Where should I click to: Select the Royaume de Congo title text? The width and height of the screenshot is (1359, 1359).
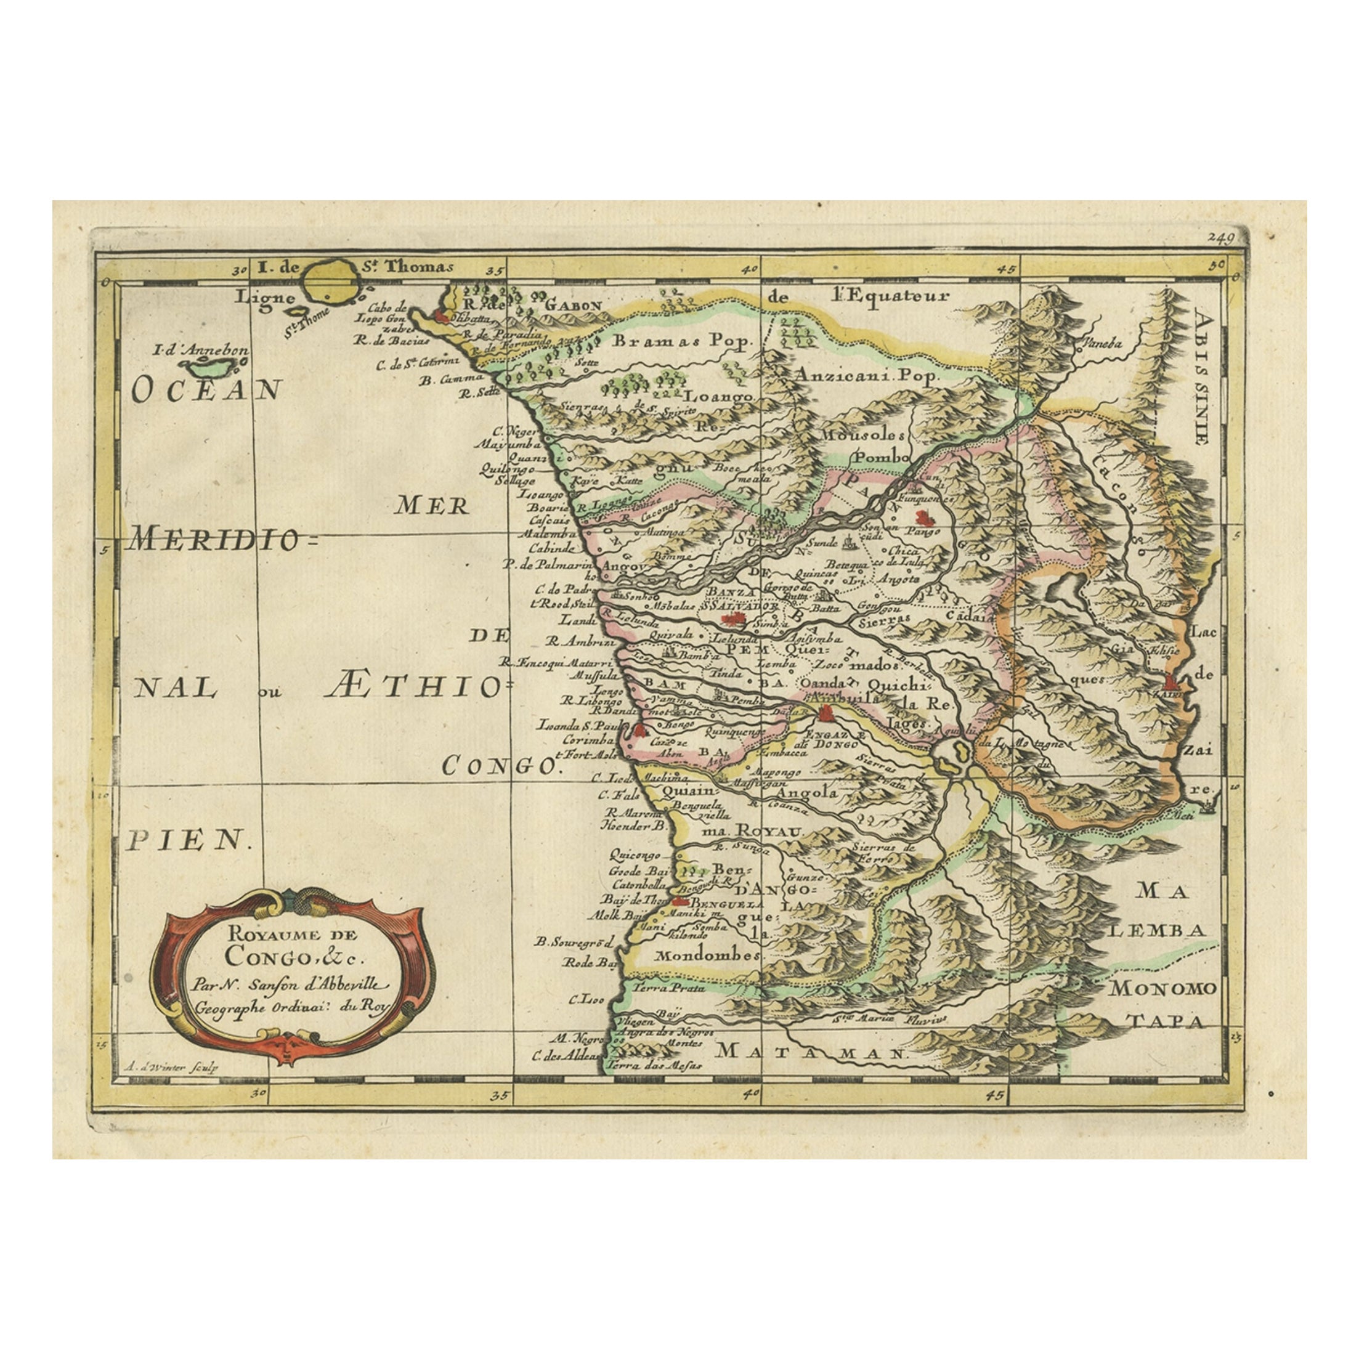[291, 946]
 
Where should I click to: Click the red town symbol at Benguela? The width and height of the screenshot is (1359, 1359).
[679, 901]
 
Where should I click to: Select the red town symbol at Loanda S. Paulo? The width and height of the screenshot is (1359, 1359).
[639, 730]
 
